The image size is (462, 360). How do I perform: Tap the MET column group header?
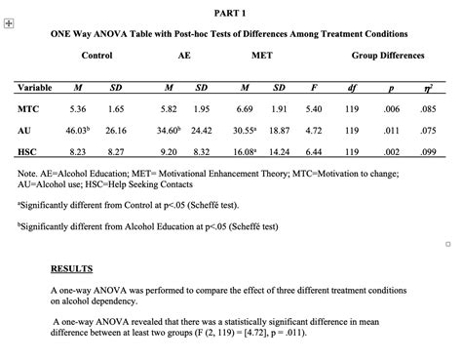(x=262, y=57)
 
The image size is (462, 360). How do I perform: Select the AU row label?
(x=24, y=130)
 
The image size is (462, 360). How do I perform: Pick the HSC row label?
(x=27, y=152)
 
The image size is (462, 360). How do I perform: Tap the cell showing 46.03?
(x=78, y=130)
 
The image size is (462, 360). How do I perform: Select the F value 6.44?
(x=313, y=152)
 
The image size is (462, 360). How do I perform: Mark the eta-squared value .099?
(x=427, y=152)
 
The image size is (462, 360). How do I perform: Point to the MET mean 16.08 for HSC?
(x=244, y=152)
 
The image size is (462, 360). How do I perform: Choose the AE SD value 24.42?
(x=202, y=130)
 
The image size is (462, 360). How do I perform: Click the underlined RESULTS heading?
(x=71, y=267)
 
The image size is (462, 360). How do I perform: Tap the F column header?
(x=313, y=89)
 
